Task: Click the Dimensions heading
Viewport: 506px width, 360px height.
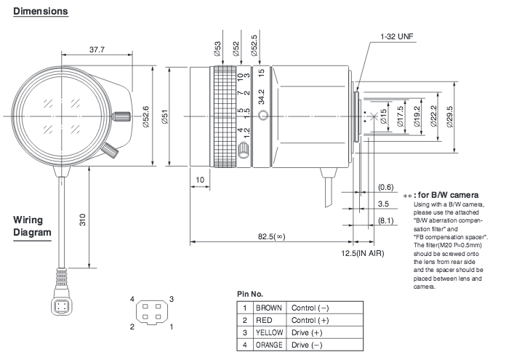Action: pos(40,11)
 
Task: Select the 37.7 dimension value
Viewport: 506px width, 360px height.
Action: pos(97,49)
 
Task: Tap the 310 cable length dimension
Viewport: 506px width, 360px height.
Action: pos(83,220)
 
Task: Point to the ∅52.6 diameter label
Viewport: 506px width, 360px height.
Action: pos(145,116)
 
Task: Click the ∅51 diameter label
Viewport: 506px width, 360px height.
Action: pos(164,116)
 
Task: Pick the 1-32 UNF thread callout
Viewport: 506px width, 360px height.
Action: pos(397,36)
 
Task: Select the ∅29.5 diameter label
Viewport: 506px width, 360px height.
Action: pos(450,117)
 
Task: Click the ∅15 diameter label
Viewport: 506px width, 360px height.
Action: pos(383,116)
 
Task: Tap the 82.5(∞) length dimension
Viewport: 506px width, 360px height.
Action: pos(271,236)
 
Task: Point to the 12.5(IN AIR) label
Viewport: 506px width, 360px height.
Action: pos(363,253)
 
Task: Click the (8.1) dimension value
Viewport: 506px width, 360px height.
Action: pos(385,220)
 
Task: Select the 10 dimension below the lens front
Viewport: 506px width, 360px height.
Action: pos(200,180)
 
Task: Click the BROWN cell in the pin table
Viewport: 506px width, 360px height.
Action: pos(269,308)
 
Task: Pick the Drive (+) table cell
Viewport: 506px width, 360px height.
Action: pos(307,332)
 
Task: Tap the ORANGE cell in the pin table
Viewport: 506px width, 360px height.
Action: pos(269,345)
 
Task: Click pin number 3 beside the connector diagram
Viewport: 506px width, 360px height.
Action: pos(172,299)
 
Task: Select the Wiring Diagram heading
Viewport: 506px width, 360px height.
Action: pos(32,226)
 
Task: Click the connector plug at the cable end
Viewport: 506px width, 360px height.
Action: pos(62,305)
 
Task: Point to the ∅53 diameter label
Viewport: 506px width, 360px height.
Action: pos(217,49)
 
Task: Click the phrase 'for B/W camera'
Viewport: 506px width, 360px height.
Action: pos(449,195)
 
